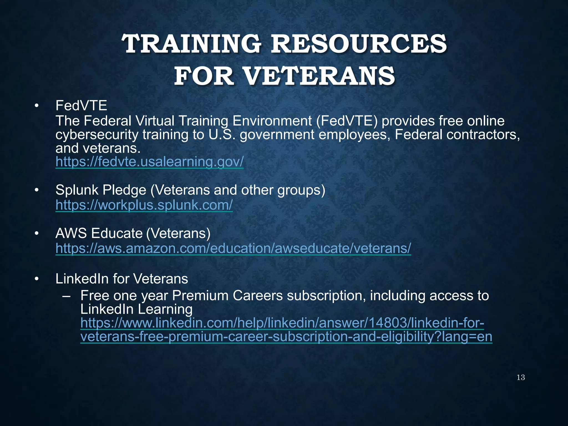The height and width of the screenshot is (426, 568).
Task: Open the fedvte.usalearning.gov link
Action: pyautogui.click(x=149, y=161)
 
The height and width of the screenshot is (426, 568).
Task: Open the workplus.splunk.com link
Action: pyautogui.click(x=144, y=205)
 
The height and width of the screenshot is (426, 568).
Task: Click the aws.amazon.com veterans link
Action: pyautogui.click(x=233, y=248)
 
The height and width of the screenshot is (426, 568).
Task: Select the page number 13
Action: pyautogui.click(x=521, y=377)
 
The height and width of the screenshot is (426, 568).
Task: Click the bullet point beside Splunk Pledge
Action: pyautogui.click(x=36, y=190)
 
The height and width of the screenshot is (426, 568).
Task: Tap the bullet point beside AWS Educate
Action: pyautogui.click(x=36, y=234)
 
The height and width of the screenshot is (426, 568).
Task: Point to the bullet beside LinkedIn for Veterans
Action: pyautogui.click(x=36, y=279)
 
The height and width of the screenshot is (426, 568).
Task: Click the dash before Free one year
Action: pyautogui.click(x=67, y=296)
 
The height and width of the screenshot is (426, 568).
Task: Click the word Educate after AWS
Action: pyautogui.click(x=116, y=233)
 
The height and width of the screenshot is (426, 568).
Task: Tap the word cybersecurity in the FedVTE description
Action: pyautogui.click(x=97, y=135)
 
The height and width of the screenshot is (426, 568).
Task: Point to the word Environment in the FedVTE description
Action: pyautogui.click(x=272, y=121)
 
